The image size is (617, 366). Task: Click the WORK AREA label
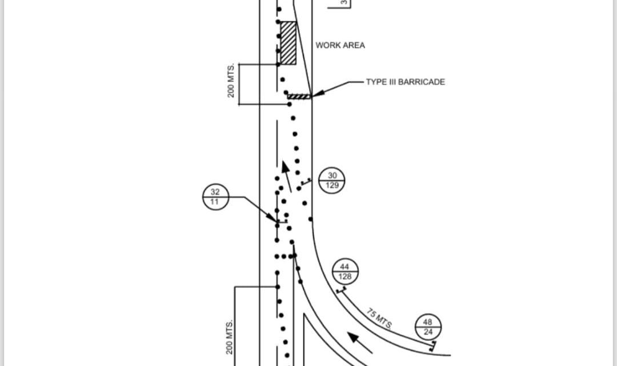[340, 45]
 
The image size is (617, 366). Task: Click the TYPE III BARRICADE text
[405, 82]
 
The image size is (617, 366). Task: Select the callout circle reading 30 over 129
[332, 181]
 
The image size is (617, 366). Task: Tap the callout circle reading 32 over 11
[216, 197]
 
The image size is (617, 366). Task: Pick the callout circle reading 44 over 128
[345, 271]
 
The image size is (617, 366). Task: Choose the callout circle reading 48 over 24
[428, 327]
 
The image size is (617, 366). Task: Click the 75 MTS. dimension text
[379, 319]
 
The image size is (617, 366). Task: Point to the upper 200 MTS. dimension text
[231, 84]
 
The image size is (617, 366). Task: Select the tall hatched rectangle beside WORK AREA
[288, 42]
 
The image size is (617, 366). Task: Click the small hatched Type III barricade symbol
[299, 96]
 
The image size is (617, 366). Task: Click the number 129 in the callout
[332, 185]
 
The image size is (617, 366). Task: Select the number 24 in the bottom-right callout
[428, 332]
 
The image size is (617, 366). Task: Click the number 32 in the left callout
[216, 193]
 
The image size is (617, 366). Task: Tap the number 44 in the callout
[345, 266]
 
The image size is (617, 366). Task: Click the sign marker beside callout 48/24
[433, 344]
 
